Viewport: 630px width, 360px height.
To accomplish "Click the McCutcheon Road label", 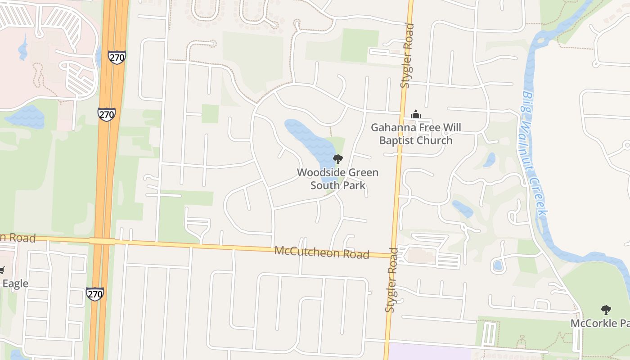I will [322, 252].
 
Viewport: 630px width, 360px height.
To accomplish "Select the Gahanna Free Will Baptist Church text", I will [416, 134].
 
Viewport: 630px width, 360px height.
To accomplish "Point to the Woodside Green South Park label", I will [337, 179].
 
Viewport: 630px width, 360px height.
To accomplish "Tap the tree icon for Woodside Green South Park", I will [337, 159].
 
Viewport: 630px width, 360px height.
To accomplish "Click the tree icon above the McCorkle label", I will [606, 310].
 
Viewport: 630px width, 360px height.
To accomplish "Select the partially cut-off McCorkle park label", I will [600, 324].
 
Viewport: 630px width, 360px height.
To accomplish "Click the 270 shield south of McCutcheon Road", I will [95, 294].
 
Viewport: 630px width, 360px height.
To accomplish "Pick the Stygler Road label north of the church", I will [406, 55].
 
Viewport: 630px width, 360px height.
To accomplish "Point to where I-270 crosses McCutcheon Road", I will [102, 241].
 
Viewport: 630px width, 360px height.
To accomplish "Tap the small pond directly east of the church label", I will [489, 159].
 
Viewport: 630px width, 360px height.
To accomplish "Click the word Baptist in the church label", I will [399, 140].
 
